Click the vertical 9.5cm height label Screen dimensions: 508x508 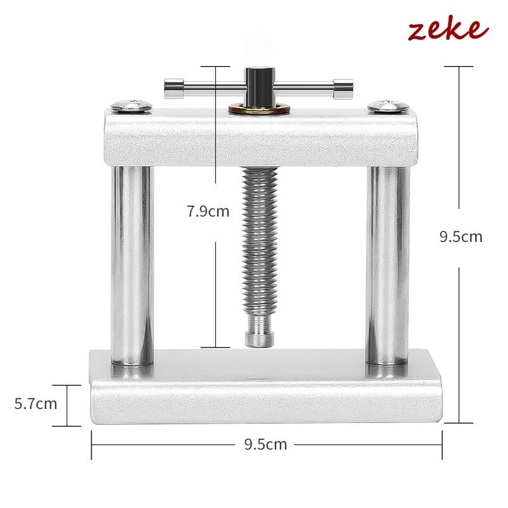pos(461,237)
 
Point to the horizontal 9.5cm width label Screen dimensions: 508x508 pos(265,444)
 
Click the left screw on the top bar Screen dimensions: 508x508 pos(132,105)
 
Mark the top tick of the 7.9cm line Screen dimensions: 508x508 pos(216,66)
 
